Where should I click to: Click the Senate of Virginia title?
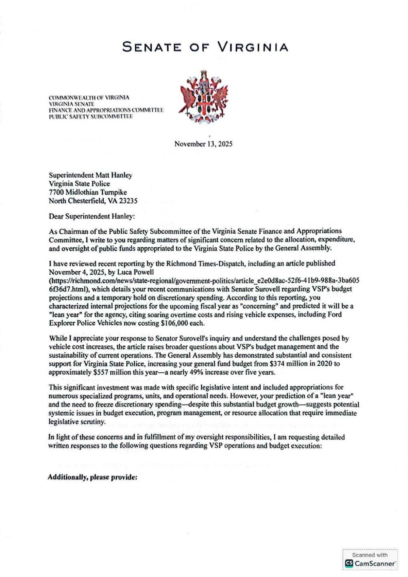coord(205,47)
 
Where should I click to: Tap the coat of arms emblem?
coord(203,96)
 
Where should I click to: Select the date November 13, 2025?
coord(203,144)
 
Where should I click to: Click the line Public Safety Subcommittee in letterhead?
coord(91,116)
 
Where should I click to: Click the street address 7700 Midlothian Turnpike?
coord(88,192)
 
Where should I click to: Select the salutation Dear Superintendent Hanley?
coord(92,216)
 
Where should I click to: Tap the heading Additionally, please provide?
coord(92,477)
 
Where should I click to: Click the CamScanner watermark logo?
coord(370,563)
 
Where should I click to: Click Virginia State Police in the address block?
coord(79,184)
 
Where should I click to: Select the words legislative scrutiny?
coord(76,421)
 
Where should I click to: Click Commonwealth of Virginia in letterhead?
coord(89,98)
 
